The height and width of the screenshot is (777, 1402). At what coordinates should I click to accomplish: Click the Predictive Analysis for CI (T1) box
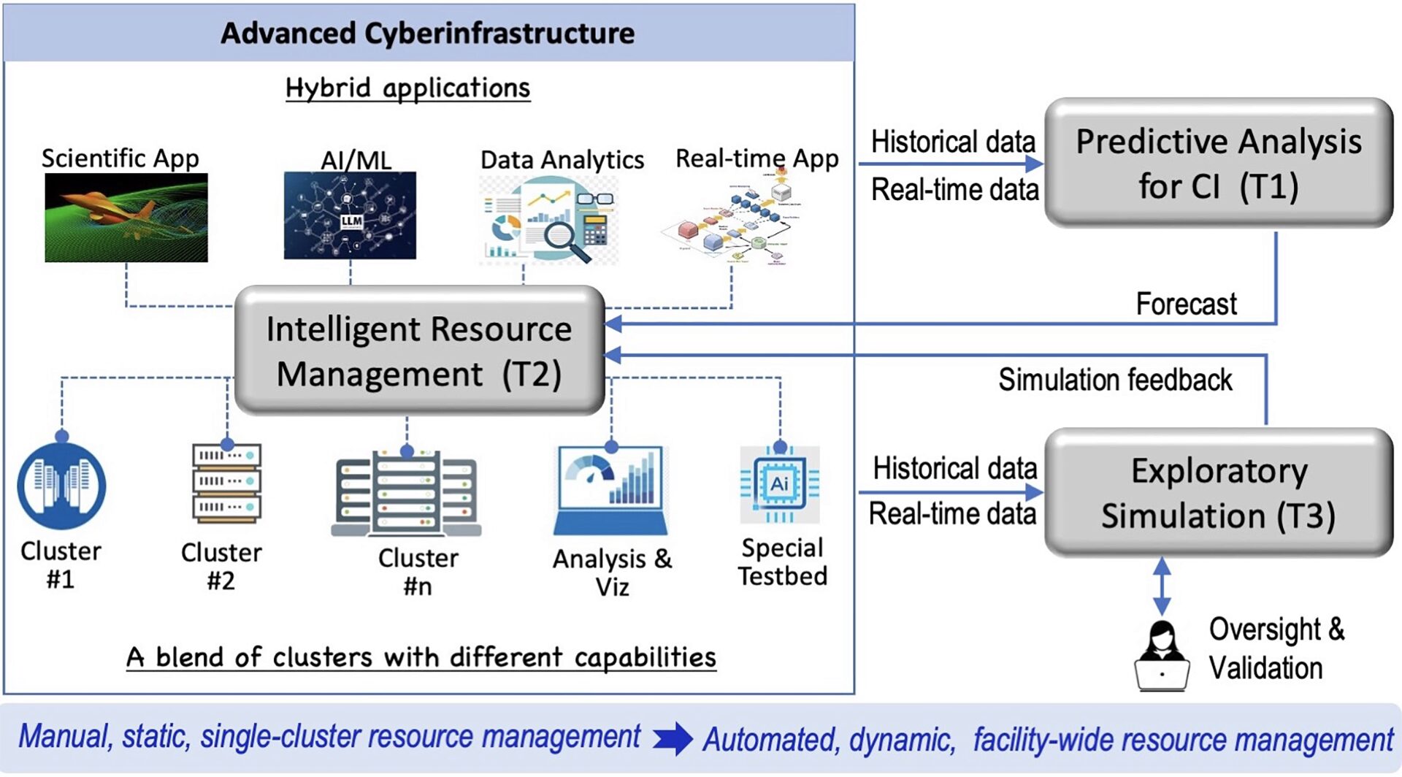click(1218, 162)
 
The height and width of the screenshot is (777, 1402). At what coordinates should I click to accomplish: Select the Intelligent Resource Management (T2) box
click(419, 351)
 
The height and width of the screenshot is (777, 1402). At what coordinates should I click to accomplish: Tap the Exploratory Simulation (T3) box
click(1218, 492)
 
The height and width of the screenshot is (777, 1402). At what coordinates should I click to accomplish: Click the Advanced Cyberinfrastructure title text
click(428, 34)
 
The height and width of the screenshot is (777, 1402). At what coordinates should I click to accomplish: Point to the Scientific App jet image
click(126, 217)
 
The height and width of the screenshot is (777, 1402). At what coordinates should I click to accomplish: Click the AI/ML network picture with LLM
click(350, 215)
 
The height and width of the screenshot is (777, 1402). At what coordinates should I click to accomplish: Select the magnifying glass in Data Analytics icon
click(567, 240)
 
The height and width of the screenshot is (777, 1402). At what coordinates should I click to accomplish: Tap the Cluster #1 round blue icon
click(61, 486)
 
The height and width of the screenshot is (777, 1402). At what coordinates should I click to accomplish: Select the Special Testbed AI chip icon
click(779, 484)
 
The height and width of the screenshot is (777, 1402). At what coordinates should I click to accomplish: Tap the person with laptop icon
click(1161, 656)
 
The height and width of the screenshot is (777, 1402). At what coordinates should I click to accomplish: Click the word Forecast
click(1186, 304)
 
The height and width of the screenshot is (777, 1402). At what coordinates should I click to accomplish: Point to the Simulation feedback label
click(1114, 380)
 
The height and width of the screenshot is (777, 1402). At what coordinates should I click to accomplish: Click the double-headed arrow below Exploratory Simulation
click(1162, 586)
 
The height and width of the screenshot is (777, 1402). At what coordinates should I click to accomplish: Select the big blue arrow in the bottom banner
click(673, 738)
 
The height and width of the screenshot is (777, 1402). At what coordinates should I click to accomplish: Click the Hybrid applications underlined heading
click(407, 88)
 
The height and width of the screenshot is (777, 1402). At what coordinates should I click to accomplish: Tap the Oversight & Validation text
click(1275, 648)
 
